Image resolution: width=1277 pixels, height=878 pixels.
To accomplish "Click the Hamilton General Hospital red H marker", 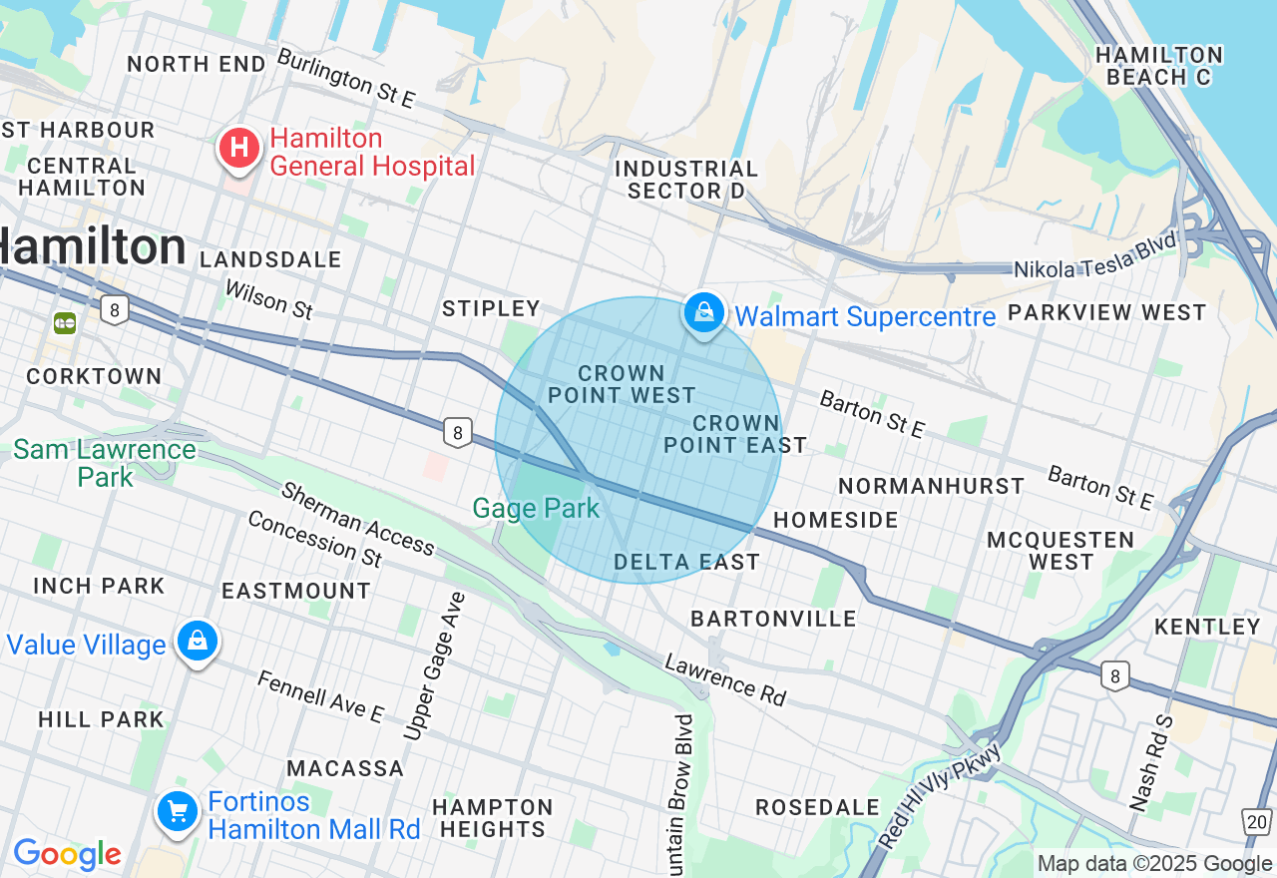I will (x=239, y=149).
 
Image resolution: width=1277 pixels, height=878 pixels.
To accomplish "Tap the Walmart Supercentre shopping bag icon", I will (x=704, y=314).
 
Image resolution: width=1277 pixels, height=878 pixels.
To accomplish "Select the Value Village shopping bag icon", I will (x=198, y=642).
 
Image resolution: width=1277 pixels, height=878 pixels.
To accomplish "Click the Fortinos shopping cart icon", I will (x=178, y=812).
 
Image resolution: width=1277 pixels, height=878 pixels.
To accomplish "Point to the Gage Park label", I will (x=536, y=509).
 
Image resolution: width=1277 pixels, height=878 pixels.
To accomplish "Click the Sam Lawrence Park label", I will (x=104, y=463).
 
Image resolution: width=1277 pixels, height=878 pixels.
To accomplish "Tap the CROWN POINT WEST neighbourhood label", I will (x=622, y=384).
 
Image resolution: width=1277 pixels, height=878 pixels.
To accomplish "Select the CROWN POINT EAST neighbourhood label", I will (x=735, y=434).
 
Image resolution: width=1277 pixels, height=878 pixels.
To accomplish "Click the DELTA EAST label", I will (x=686, y=563).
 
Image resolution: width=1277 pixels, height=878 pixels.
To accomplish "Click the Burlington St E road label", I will (x=345, y=79).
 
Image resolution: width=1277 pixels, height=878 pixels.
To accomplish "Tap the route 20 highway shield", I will (x=1257, y=822).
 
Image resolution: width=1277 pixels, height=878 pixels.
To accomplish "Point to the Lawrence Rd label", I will (x=725, y=679).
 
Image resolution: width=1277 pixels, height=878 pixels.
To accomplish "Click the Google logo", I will (x=67, y=854).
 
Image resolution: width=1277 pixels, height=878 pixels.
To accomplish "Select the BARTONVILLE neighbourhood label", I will (x=773, y=619).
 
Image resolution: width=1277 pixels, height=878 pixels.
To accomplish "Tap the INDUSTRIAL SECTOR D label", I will (x=686, y=180).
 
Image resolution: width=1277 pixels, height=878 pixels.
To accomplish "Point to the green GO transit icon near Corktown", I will (x=65, y=323).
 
